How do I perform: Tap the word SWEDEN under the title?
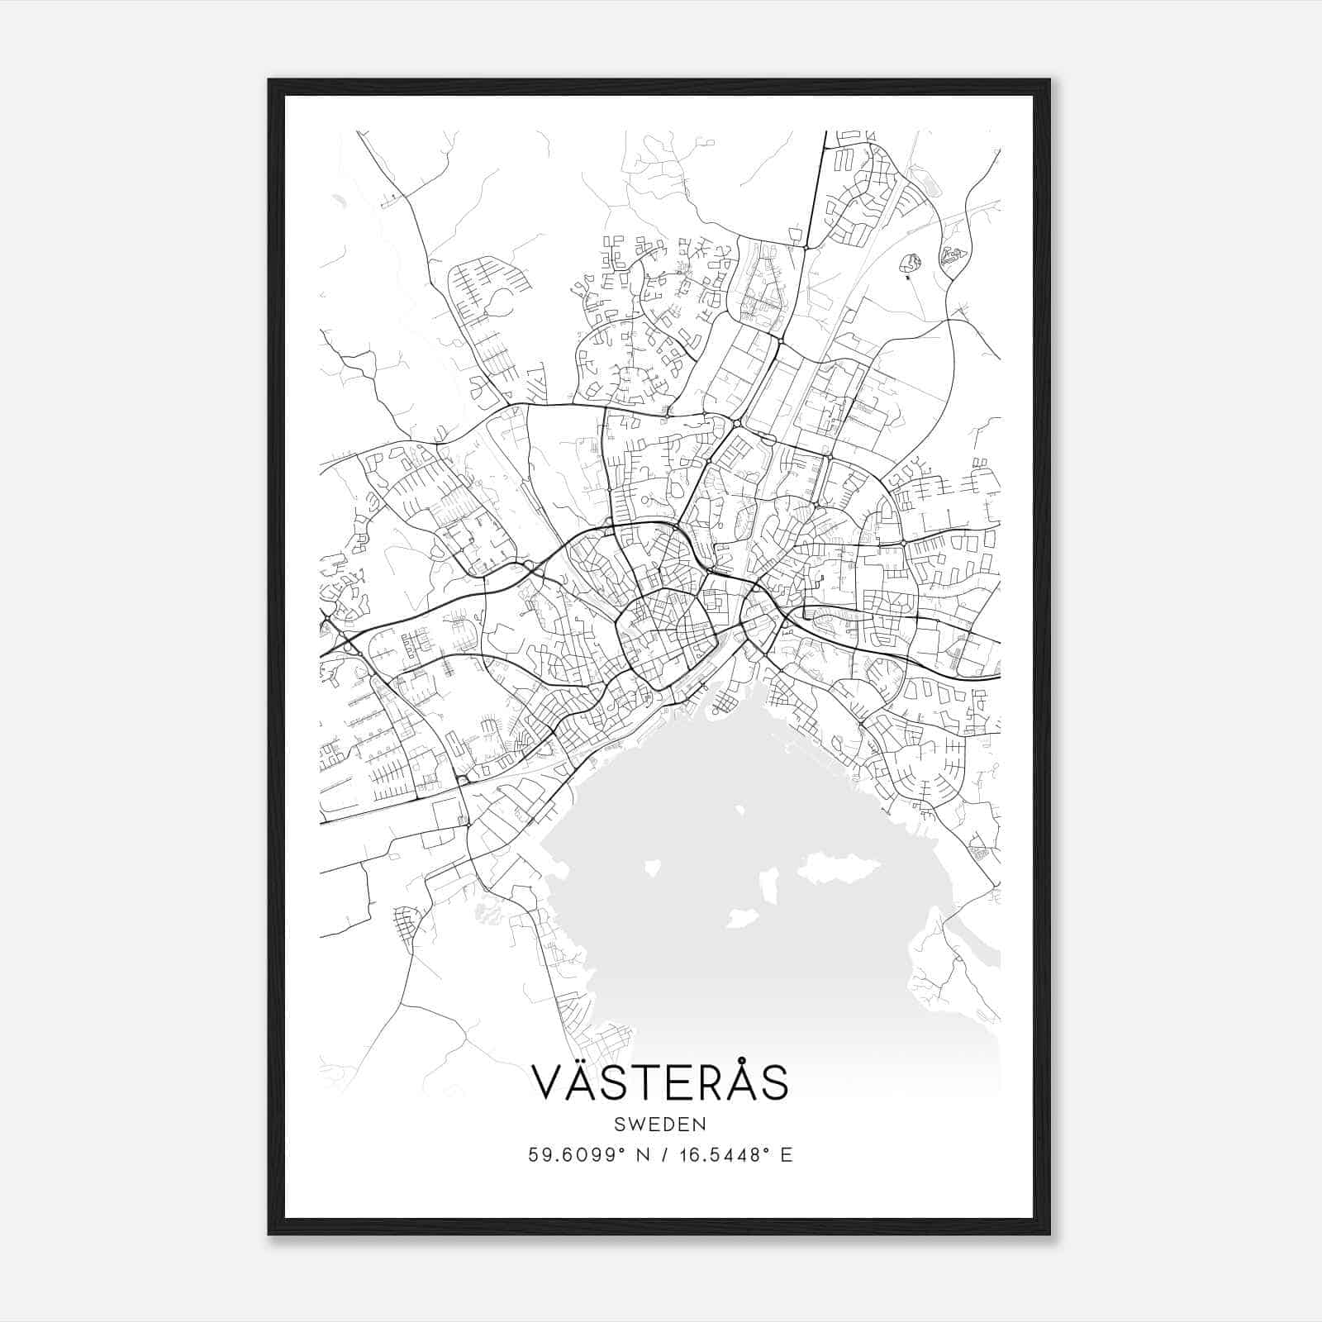[659, 1125]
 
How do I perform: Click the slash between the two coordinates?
[666, 1155]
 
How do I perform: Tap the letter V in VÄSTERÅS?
[549, 1082]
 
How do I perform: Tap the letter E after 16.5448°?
[786, 1155]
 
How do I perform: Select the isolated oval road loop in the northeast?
[911, 264]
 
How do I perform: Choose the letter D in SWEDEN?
[672, 1125]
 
